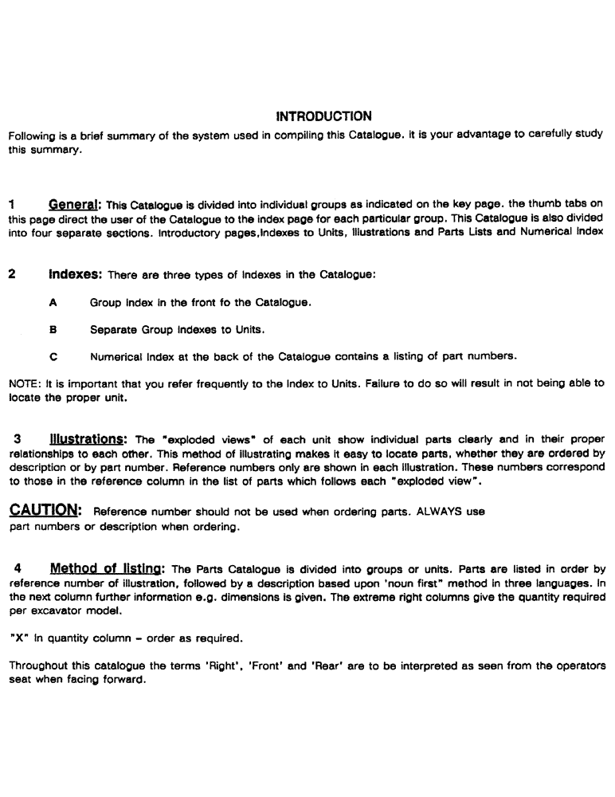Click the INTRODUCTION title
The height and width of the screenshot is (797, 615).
[x=323, y=116]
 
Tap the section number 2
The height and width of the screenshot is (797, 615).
[x=11, y=275]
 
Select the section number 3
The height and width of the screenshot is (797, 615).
[x=17, y=438]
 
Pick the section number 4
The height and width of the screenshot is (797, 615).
[x=17, y=569]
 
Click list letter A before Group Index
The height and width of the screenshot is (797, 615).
[x=53, y=303]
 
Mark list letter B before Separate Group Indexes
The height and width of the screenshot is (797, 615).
[x=53, y=328]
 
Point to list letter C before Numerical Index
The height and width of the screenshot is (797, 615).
[x=53, y=355]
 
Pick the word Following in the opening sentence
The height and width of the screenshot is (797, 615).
[x=32, y=135]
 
